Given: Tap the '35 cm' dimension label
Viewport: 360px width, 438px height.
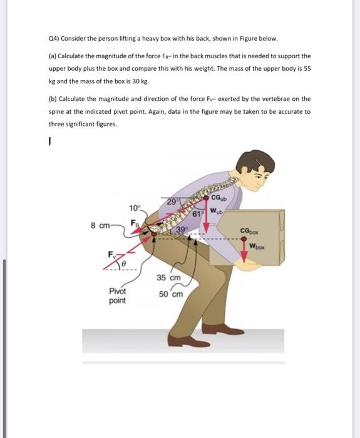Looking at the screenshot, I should click(x=168, y=278).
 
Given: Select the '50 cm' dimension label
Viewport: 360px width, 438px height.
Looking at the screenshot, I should click(x=171, y=294).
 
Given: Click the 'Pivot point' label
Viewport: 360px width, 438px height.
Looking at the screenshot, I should click(x=117, y=296).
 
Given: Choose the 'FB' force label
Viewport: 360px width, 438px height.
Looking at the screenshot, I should click(x=134, y=222).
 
